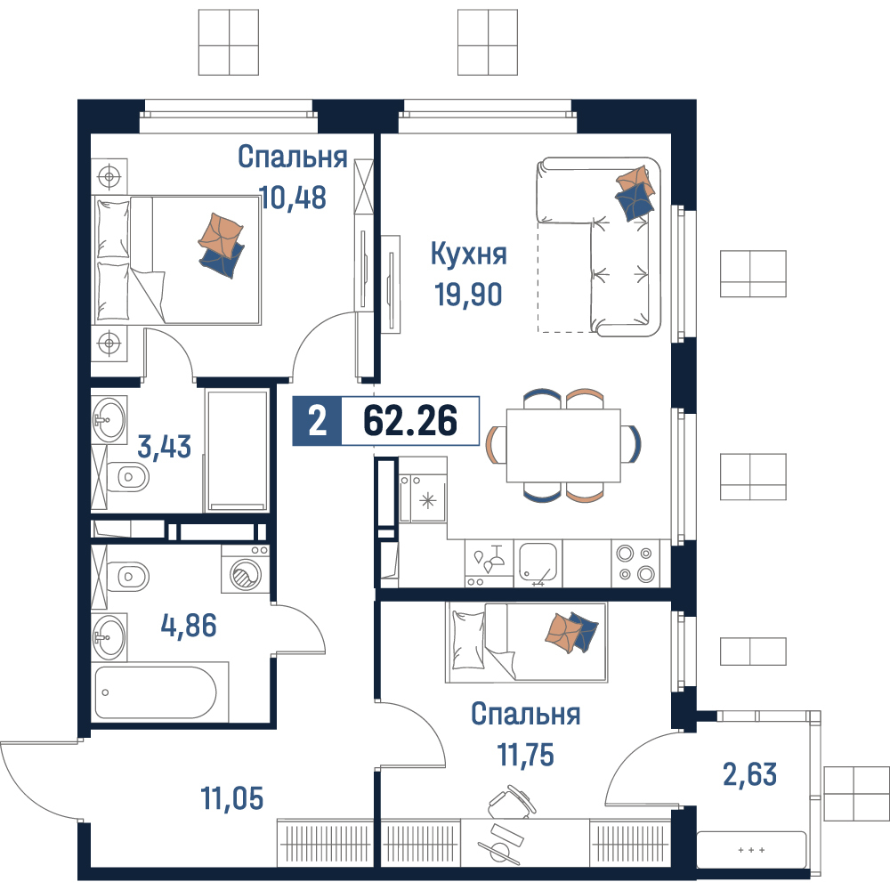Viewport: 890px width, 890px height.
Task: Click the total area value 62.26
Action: pyautogui.click(x=409, y=421)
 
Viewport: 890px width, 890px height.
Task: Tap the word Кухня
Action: pyautogui.click(x=468, y=254)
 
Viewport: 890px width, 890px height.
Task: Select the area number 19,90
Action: pyautogui.click(x=468, y=295)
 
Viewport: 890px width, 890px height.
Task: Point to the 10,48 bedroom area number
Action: pyautogui.click(x=293, y=198)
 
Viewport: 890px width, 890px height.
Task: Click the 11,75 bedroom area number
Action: pyautogui.click(x=526, y=755)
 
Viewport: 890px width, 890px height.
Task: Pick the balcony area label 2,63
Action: pyautogui.click(x=749, y=774)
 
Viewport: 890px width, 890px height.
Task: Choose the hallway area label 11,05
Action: pyautogui.click(x=232, y=798)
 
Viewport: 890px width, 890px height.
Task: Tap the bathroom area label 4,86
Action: pyautogui.click(x=189, y=626)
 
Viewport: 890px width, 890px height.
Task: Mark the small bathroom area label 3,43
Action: pyautogui.click(x=164, y=446)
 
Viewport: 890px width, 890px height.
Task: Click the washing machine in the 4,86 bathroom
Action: pyautogui.click(x=246, y=570)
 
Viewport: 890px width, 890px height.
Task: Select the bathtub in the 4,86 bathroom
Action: pyautogui.click(x=156, y=692)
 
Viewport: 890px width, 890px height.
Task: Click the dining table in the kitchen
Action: pyautogui.click(x=563, y=445)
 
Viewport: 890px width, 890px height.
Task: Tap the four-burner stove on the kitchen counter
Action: pyautogui.click(x=635, y=563)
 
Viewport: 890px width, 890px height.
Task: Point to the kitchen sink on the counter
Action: pyautogui.click(x=538, y=563)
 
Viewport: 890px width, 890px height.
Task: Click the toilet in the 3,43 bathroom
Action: pyautogui.click(x=128, y=476)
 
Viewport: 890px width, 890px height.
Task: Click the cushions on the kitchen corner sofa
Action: pyautogui.click(x=635, y=193)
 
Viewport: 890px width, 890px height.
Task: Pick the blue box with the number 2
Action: pyautogui.click(x=317, y=421)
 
